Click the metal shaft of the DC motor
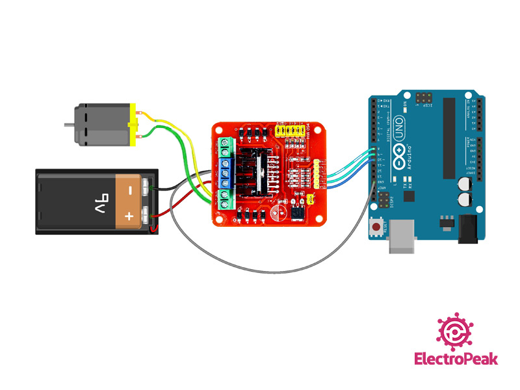pos(68,124)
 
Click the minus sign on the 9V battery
pos(129,190)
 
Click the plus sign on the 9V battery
pos(129,216)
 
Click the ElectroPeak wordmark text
pos(457,359)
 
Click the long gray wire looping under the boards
pos(260,268)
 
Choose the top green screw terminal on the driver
pos(226,145)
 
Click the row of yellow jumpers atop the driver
pos(291,131)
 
